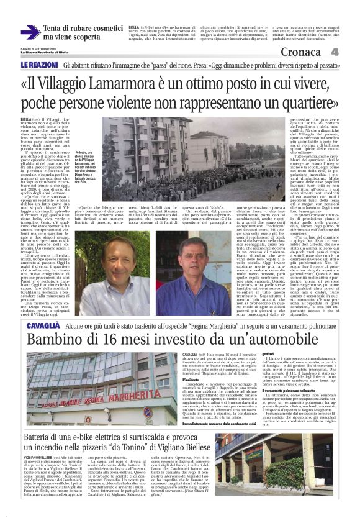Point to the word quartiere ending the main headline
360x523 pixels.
[313, 102]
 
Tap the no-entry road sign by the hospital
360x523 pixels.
[146, 412]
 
